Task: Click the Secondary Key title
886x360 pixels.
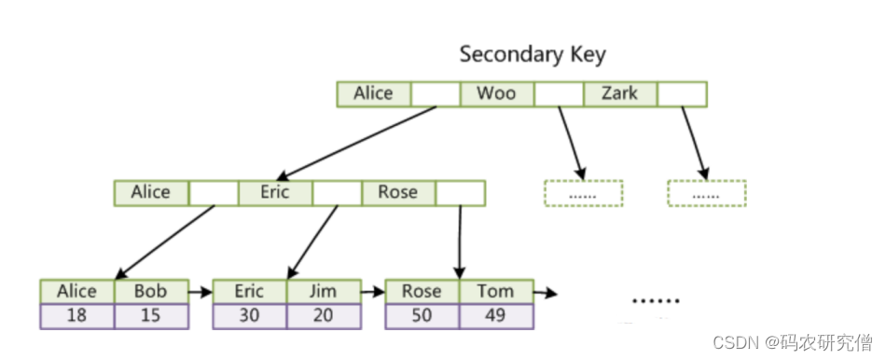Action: pos(533,55)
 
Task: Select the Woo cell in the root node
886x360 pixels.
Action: pos(497,94)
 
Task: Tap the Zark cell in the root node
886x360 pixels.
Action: pos(620,94)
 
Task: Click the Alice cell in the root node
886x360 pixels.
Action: pos(373,94)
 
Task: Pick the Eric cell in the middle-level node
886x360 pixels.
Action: pos(275,193)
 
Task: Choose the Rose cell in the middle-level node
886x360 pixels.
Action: pos(398,193)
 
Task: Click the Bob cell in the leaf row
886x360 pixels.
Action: pos(151,292)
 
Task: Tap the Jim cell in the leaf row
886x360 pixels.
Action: pos(324,292)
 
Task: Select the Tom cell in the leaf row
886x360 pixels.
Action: pos(496,292)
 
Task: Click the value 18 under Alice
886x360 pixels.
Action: pos(76,316)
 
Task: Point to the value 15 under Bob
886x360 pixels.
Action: pos(151,316)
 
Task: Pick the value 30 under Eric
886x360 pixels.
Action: pos(249,316)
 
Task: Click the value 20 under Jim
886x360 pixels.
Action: pos(324,316)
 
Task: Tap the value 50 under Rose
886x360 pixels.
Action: pos(422,316)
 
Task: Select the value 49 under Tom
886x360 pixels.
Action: pos(496,316)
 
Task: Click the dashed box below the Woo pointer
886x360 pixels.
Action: pos(584,193)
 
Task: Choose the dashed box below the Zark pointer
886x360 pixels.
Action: pos(707,193)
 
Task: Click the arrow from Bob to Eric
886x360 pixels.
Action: pos(201,292)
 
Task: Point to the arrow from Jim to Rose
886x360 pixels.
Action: pos(373,292)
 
